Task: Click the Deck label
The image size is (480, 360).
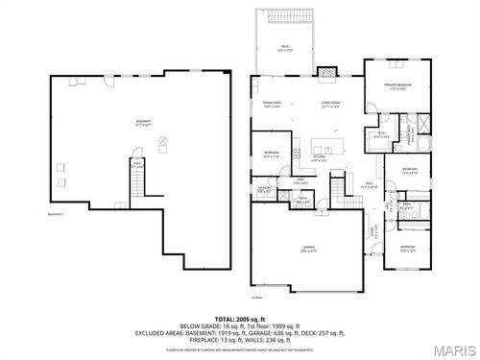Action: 285,47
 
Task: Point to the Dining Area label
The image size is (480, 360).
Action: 272,105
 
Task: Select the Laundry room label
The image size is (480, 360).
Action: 264,190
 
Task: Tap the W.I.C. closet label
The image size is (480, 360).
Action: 381,135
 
